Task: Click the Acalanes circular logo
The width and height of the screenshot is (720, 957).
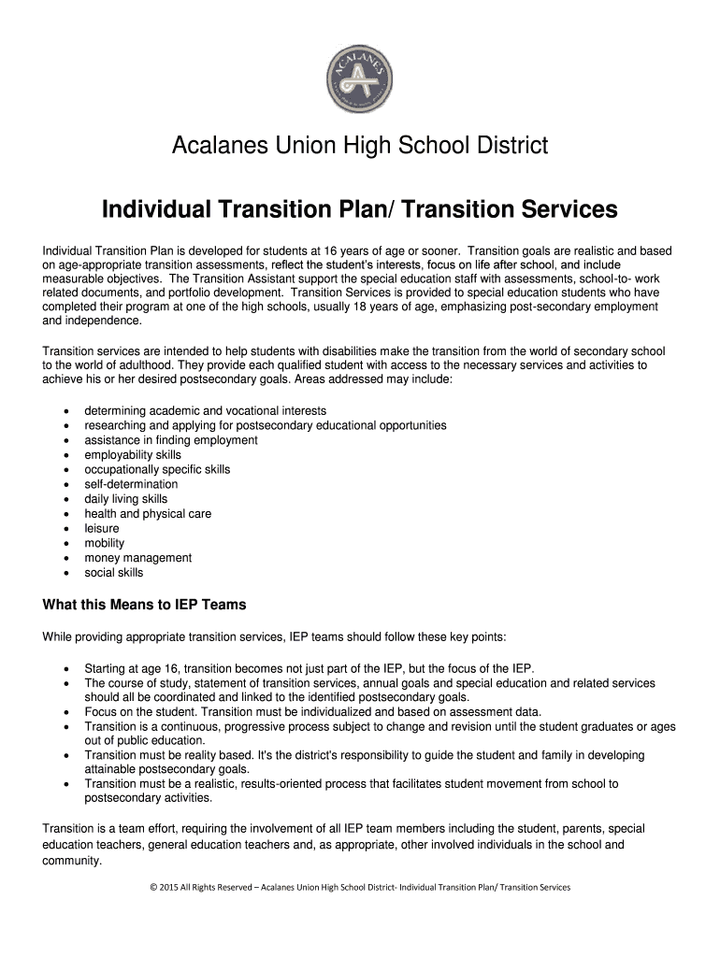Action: (x=360, y=72)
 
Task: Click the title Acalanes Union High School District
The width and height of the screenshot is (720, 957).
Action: (x=360, y=146)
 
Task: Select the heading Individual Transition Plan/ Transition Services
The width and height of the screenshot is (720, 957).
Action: (x=360, y=209)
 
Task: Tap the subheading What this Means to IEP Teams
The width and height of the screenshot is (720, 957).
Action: (x=145, y=605)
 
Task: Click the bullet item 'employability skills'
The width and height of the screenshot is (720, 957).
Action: (x=133, y=455)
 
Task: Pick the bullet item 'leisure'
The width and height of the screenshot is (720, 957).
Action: (x=102, y=529)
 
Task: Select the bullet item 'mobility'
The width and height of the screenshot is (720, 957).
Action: (x=104, y=543)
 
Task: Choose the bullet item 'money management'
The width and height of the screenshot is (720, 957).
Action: (x=137, y=558)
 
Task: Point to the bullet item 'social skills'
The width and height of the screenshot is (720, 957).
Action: (x=114, y=573)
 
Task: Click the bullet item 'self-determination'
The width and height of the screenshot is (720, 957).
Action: (x=131, y=484)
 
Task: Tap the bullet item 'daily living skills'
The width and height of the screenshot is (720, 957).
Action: (x=126, y=499)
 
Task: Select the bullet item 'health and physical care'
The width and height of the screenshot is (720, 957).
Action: (x=148, y=514)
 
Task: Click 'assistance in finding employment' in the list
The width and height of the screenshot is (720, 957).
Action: (x=171, y=440)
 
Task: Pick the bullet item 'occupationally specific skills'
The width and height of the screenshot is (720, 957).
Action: (x=157, y=469)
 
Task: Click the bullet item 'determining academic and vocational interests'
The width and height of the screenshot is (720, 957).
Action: (x=205, y=410)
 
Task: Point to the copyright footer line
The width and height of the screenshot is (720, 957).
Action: (x=360, y=887)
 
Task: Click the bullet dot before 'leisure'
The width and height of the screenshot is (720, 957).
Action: (x=65, y=529)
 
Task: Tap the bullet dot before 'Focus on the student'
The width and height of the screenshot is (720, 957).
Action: (x=65, y=711)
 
